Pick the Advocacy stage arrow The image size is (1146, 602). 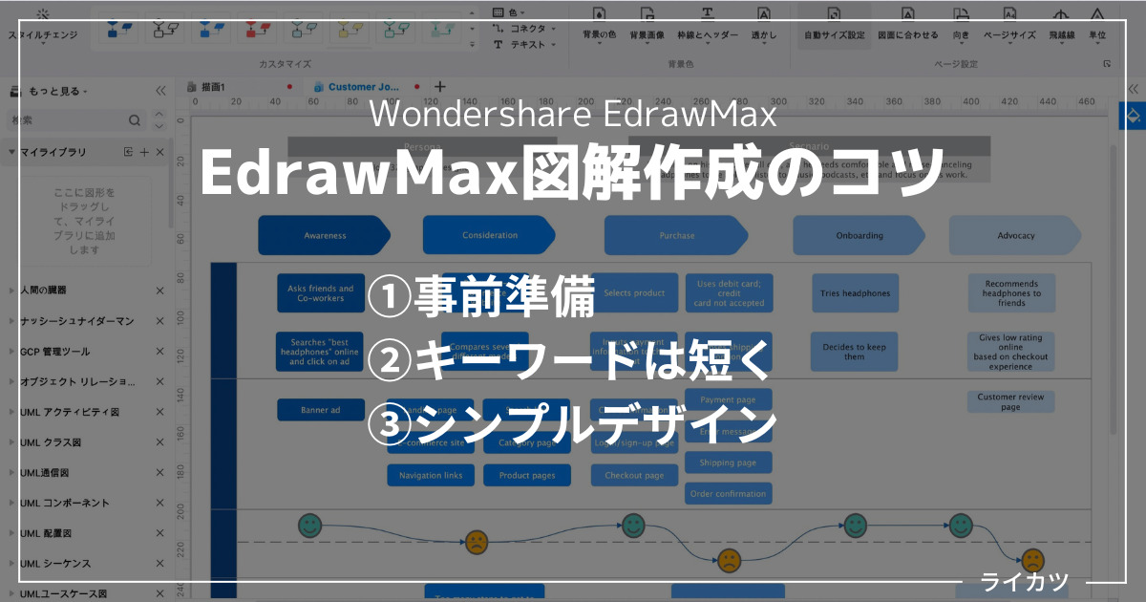(x=1015, y=235)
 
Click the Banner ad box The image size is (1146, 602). (x=321, y=410)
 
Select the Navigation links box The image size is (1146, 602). (x=431, y=475)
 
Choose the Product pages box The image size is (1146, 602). (x=527, y=475)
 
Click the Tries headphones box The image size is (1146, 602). (x=855, y=293)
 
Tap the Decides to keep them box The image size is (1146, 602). (x=855, y=352)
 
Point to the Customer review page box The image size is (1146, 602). (x=1010, y=401)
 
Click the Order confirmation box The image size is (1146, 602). (x=728, y=493)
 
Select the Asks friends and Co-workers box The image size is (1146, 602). (x=321, y=293)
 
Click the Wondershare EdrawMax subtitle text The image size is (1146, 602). (x=572, y=114)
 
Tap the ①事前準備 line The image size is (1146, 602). (x=482, y=298)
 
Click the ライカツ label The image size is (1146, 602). (x=1025, y=581)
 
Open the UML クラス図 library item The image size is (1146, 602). (x=51, y=442)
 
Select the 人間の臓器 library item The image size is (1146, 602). (x=44, y=290)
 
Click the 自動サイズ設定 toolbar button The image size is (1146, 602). (x=834, y=24)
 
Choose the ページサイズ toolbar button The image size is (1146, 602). (x=1009, y=24)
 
